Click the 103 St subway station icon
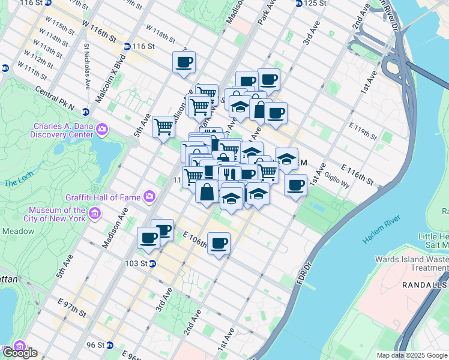click(152, 263)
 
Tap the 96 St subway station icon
click(109, 345)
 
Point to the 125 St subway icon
click(299, 4)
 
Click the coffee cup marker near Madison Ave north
click(184, 62)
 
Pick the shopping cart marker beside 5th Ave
click(163, 127)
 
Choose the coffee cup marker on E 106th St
click(218, 243)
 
